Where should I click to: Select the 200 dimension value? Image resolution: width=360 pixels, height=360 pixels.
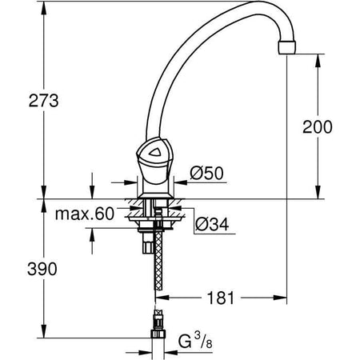click(317, 126)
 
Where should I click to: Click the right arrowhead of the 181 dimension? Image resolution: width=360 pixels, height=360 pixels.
click(284, 298)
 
